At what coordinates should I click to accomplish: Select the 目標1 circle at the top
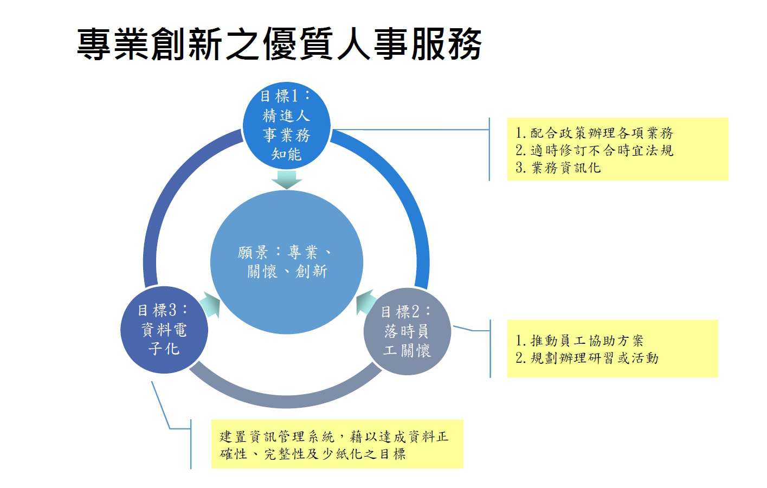(286, 125)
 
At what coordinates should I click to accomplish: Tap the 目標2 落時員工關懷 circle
(407, 331)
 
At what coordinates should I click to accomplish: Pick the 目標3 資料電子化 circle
(164, 330)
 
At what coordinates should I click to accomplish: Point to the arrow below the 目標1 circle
(286, 179)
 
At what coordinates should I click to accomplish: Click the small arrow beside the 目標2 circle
(366, 301)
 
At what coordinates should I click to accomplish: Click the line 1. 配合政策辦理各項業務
(594, 133)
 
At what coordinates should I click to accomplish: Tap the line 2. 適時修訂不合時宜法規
(594, 150)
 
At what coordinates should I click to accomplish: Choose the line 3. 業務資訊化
(558, 168)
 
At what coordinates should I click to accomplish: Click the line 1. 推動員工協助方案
(579, 341)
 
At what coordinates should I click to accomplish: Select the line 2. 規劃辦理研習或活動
(587, 358)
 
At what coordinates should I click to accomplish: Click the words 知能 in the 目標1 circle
(286, 155)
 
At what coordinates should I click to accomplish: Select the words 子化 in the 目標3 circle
(164, 349)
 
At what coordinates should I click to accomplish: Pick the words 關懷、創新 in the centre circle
(287, 271)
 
